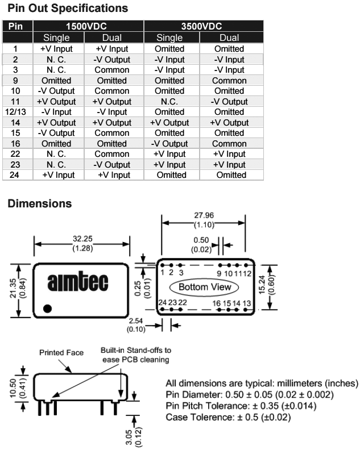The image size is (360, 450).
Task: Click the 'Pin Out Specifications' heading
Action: (x=68, y=9)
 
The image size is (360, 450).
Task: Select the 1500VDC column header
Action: (x=88, y=27)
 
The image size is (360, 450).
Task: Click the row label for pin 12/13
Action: (x=16, y=112)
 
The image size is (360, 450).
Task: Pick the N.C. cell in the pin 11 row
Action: (x=169, y=102)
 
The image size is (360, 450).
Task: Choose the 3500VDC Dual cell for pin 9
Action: (x=229, y=81)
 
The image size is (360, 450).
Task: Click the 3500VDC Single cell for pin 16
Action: (x=169, y=144)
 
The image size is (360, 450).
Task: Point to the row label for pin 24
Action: (x=16, y=175)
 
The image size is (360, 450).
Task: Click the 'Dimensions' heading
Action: (x=39, y=203)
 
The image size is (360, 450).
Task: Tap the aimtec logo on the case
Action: (x=79, y=282)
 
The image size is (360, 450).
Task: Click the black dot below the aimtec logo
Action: (x=48, y=309)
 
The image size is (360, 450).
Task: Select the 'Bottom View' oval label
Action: (x=205, y=287)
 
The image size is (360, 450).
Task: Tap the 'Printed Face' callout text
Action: (x=61, y=353)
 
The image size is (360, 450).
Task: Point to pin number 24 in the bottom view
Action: (x=163, y=303)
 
